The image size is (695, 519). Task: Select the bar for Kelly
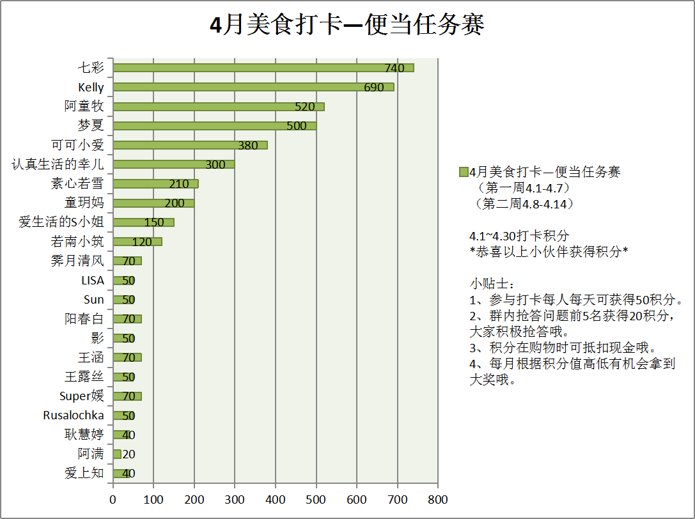pos(253,87)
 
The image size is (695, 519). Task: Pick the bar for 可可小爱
pos(190,145)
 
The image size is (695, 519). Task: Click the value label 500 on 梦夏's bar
pos(297,126)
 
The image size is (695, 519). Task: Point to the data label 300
pos(215,165)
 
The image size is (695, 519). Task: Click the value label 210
pos(179,184)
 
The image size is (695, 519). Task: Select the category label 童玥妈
pos(84,203)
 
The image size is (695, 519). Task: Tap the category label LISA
pos(92,281)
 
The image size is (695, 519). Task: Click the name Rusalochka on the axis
pos(74,415)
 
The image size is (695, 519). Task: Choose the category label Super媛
pos(82,396)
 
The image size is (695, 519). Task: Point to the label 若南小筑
pos(77,242)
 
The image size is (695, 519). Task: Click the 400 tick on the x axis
pos(276,499)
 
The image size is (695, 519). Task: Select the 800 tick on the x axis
pos(437,499)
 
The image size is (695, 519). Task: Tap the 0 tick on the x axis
pos(113,499)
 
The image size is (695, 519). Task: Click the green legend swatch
pos(464,172)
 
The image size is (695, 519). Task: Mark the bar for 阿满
pos(117,454)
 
